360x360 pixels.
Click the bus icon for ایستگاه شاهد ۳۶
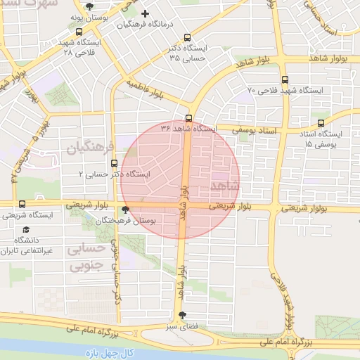[x=188, y=117]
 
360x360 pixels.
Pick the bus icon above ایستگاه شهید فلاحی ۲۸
[x=77, y=31]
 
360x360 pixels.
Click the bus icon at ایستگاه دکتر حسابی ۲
[x=115, y=163]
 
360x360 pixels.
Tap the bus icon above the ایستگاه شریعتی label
[x=22, y=205]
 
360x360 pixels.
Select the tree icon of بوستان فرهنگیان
[x=126, y=209]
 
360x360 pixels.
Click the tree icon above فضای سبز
[x=183, y=315]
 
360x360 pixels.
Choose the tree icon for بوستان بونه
[x=89, y=7]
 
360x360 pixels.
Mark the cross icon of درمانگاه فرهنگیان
[x=146, y=13]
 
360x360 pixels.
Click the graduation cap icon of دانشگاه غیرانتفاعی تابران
[x=27, y=230]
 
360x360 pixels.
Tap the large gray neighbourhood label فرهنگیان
[x=91, y=148]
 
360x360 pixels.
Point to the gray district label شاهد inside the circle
[x=224, y=185]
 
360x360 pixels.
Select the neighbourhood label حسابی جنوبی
[x=86, y=257]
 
